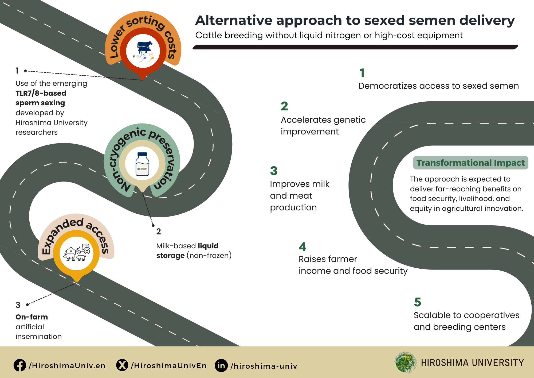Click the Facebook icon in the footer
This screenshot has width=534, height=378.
click(20, 365)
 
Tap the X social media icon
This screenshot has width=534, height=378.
click(122, 365)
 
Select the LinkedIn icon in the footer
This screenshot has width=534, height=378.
click(221, 365)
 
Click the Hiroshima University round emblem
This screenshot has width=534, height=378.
click(406, 362)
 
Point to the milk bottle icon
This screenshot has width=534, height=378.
click(142, 164)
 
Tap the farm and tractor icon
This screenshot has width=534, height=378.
click(77, 252)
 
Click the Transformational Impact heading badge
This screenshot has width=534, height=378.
click(470, 163)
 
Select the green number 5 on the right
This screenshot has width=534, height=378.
click(417, 302)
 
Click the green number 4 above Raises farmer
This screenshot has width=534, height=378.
click(302, 247)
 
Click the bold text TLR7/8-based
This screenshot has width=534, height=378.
click(41, 93)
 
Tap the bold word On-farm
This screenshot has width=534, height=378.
click(32, 317)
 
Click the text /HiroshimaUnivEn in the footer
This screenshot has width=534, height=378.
click(169, 366)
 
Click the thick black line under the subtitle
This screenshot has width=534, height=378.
click(355, 47)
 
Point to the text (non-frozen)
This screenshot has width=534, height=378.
click(209, 256)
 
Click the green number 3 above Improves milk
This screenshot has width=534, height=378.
click(274, 171)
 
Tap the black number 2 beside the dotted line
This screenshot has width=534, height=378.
click(159, 232)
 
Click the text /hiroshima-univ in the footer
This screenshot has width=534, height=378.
click(264, 366)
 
